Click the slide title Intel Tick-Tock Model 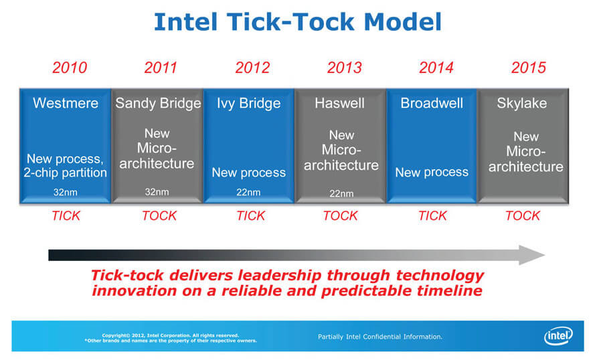point(298,22)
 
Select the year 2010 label point(70,68)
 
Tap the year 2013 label point(345,68)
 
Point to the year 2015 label point(529,68)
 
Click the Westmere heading point(66,103)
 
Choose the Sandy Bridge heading point(158,103)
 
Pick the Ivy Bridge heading point(248,103)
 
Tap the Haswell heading point(339,103)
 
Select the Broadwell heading point(432,103)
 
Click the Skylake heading point(522,103)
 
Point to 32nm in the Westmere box point(65,192)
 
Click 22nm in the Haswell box point(341,193)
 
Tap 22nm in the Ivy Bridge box point(248,192)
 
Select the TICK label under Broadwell point(432,215)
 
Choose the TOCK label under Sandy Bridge point(159,215)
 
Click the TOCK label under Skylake point(523,215)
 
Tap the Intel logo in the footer point(558,335)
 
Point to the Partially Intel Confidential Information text point(379,337)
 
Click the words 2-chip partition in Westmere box point(65,173)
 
